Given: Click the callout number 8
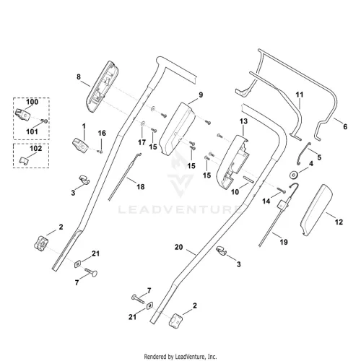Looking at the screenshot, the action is (79, 77).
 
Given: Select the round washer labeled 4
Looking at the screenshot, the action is (293, 175).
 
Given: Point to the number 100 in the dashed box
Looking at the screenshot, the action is (32, 102).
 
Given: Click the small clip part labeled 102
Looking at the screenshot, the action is (24, 160).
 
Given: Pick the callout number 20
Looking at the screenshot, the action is (179, 247).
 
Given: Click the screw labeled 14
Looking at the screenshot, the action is (281, 190).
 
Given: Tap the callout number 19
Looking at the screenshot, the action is (284, 242).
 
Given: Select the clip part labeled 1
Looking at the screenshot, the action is (80, 145).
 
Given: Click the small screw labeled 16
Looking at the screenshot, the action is (100, 152).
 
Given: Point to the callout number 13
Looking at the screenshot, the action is (243, 121).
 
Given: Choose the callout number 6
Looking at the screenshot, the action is (345, 126).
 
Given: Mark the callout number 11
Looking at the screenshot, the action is (300, 95).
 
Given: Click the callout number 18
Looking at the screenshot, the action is (141, 186).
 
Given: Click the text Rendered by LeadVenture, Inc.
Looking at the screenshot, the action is (180, 356).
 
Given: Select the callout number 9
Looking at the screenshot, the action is (201, 95).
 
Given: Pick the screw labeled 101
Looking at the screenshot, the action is (44, 121).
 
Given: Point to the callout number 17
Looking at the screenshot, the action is (142, 142).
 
